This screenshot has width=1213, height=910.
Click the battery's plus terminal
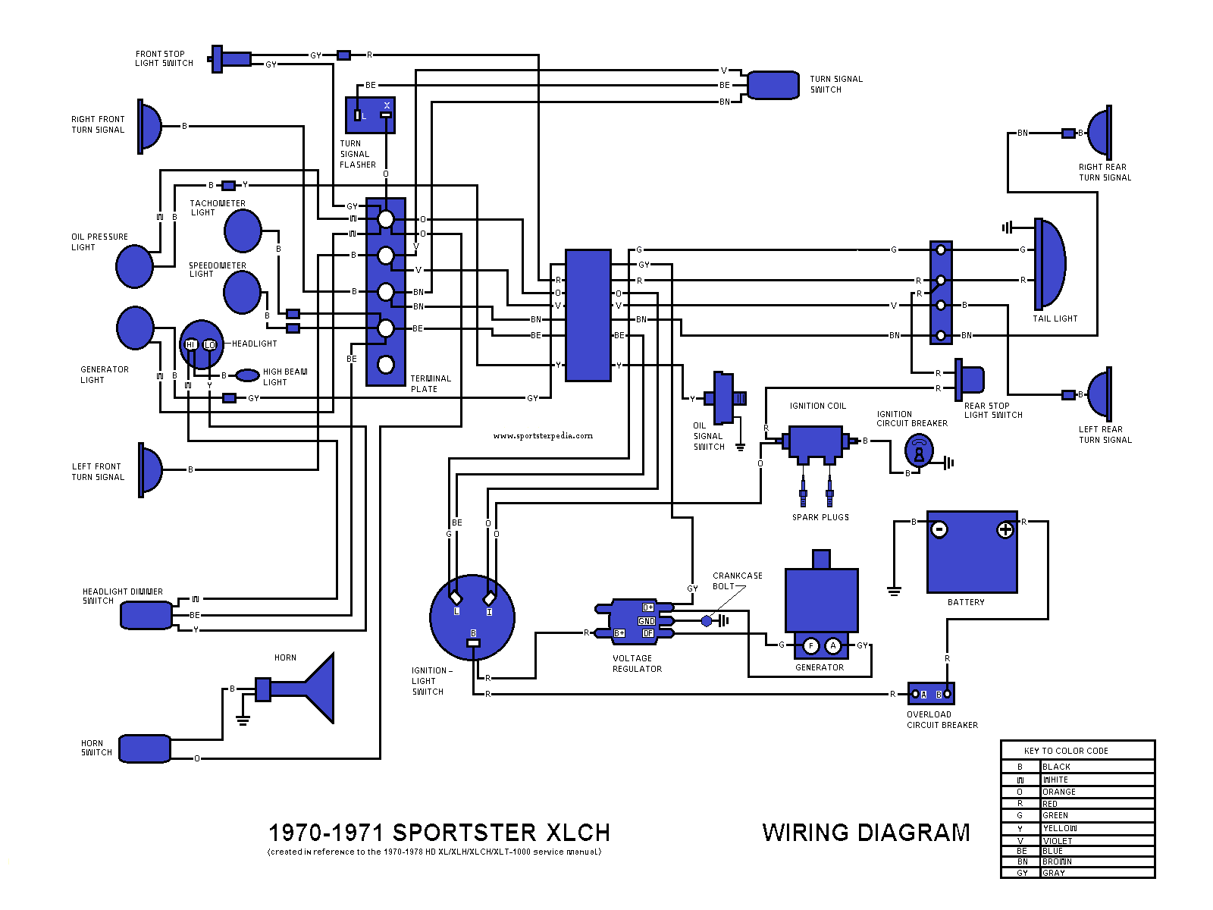[1005, 529]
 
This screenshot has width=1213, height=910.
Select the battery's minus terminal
[939, 529]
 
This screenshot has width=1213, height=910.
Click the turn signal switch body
[773, 85]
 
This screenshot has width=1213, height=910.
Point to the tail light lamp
[1050, 263]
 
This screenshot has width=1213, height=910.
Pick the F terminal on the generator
[811, 646]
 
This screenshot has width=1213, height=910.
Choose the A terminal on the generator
[833, 646]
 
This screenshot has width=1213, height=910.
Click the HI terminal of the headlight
[191, 345]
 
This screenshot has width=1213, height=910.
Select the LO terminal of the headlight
[210, 345]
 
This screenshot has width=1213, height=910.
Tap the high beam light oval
[248, 375]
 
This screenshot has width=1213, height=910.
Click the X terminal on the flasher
[387, 105]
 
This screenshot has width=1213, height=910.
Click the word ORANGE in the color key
[1058, 792]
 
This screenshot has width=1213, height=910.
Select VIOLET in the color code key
[1057, 841]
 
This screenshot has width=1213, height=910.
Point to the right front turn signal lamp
[149, 126]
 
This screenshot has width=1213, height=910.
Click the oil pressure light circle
[135, 266]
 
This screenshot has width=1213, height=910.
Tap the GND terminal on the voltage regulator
[647, 621]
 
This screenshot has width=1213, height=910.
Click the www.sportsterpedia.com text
[543, 436]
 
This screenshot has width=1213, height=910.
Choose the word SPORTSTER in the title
[465, 833]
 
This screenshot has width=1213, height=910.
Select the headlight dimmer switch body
[146, 615]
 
